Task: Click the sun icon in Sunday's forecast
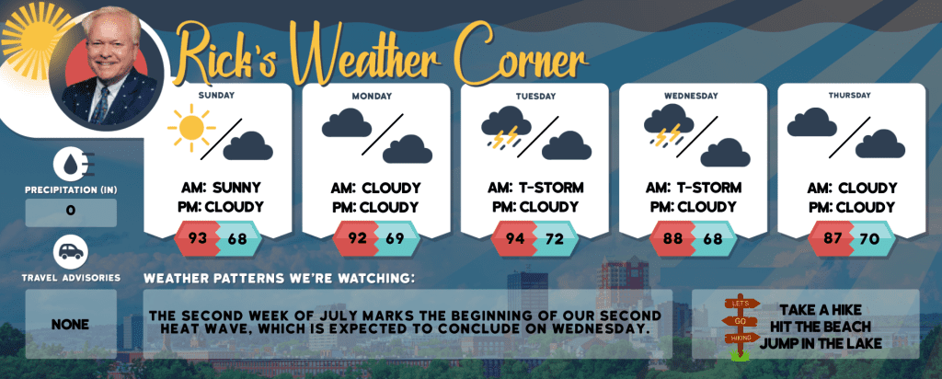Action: click(191, 127)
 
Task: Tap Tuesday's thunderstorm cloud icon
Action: click(506, 127)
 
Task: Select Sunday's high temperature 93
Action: click(198, 238)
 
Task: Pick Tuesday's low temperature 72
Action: click(555, 238)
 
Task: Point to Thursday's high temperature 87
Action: click(832, 238)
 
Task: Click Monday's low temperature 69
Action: click(396, 238)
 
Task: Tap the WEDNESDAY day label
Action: click(691, 96)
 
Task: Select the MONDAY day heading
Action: click(373, 96)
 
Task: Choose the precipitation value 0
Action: click(70, 212)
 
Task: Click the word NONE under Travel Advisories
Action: click(70, 325)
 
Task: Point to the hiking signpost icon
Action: click(741, 327)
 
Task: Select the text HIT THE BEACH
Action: click(820, 327)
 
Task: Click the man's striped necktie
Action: click(100, 105)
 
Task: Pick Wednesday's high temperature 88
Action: click(673, 238)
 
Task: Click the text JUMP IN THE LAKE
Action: click(821, 344)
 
